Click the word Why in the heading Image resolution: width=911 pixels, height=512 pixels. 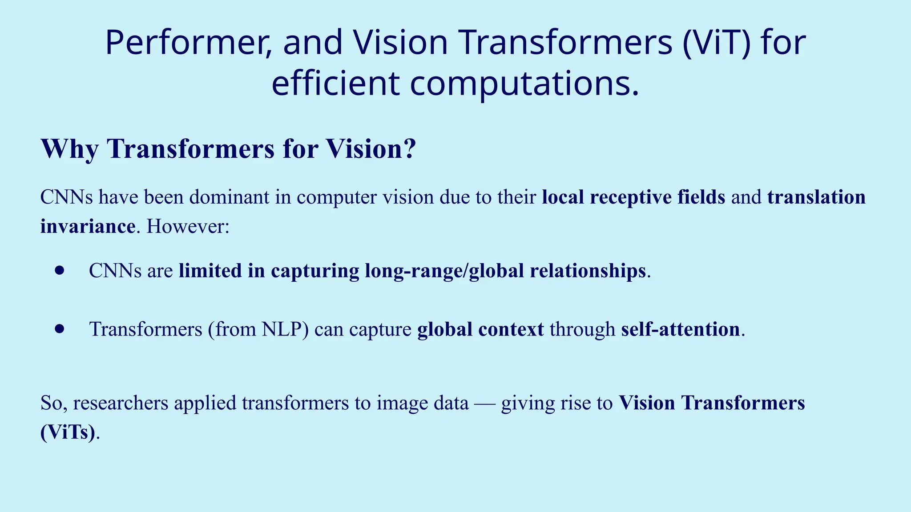click(69, 149)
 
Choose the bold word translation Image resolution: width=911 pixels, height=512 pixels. click(816, 197)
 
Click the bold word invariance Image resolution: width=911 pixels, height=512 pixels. click(88, 226)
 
